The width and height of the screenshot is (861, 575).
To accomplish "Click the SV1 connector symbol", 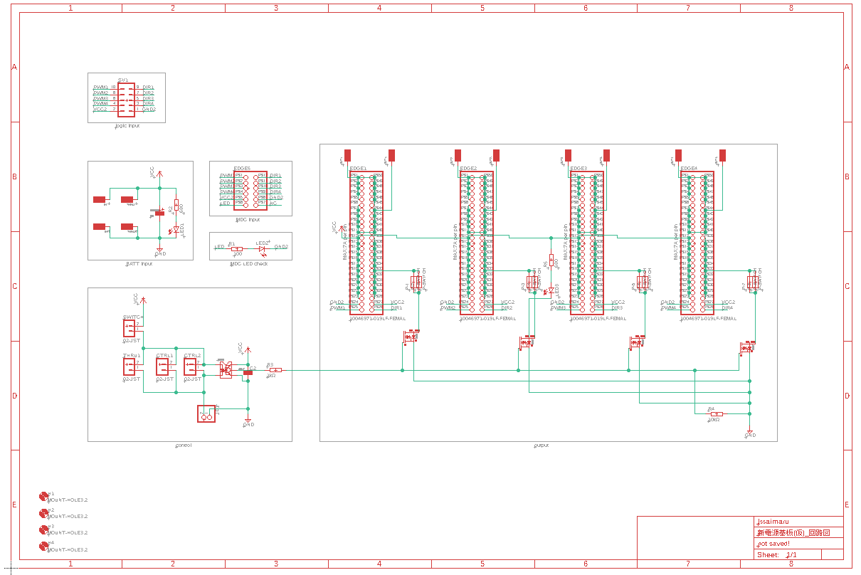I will [x=127, y=97].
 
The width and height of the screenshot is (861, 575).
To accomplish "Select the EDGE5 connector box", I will [x=250, y=189].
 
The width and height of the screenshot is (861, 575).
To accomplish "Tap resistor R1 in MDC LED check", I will [x=237, y=248].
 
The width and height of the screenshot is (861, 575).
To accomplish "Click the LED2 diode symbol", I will [x=262, y=248].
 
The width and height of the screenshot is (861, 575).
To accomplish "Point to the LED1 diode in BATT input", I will [x=176, y=230].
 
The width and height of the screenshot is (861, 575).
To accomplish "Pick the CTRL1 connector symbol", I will [x=163, y=367].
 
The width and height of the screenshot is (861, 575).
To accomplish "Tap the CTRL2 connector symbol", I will [x=190, y=367].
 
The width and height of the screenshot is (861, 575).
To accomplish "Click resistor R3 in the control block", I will [x=275, y=370].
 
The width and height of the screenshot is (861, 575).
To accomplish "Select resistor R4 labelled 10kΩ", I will [x=716, y=413].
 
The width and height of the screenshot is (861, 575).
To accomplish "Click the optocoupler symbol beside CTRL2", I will [x=226, y=370].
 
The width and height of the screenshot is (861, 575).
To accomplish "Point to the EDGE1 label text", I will [x=358, y=169].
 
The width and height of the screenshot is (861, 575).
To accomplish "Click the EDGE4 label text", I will [x=689, y=169].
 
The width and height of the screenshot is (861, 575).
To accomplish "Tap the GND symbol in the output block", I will [x=749, y=433].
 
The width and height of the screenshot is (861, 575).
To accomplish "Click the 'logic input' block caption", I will [x=127, y=125].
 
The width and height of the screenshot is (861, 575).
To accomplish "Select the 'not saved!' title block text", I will [x=773, y=544].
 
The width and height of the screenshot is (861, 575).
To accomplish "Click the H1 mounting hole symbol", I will [x=44, y=496].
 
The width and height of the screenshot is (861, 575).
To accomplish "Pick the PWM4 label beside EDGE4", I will [x=669, y=308].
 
